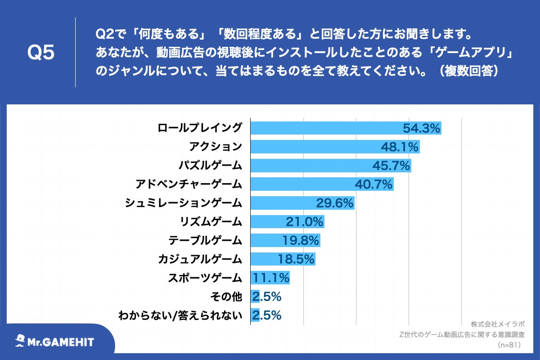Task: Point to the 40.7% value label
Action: tap(374, 184)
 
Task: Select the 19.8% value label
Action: tap(301, 240)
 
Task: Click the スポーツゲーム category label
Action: tap(205, 278)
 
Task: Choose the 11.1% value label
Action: tap(271, 278)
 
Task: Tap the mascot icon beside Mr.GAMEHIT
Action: tap(20, 341)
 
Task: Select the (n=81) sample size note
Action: tap(509, 345)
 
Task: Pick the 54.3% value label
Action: tap(421, 128)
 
